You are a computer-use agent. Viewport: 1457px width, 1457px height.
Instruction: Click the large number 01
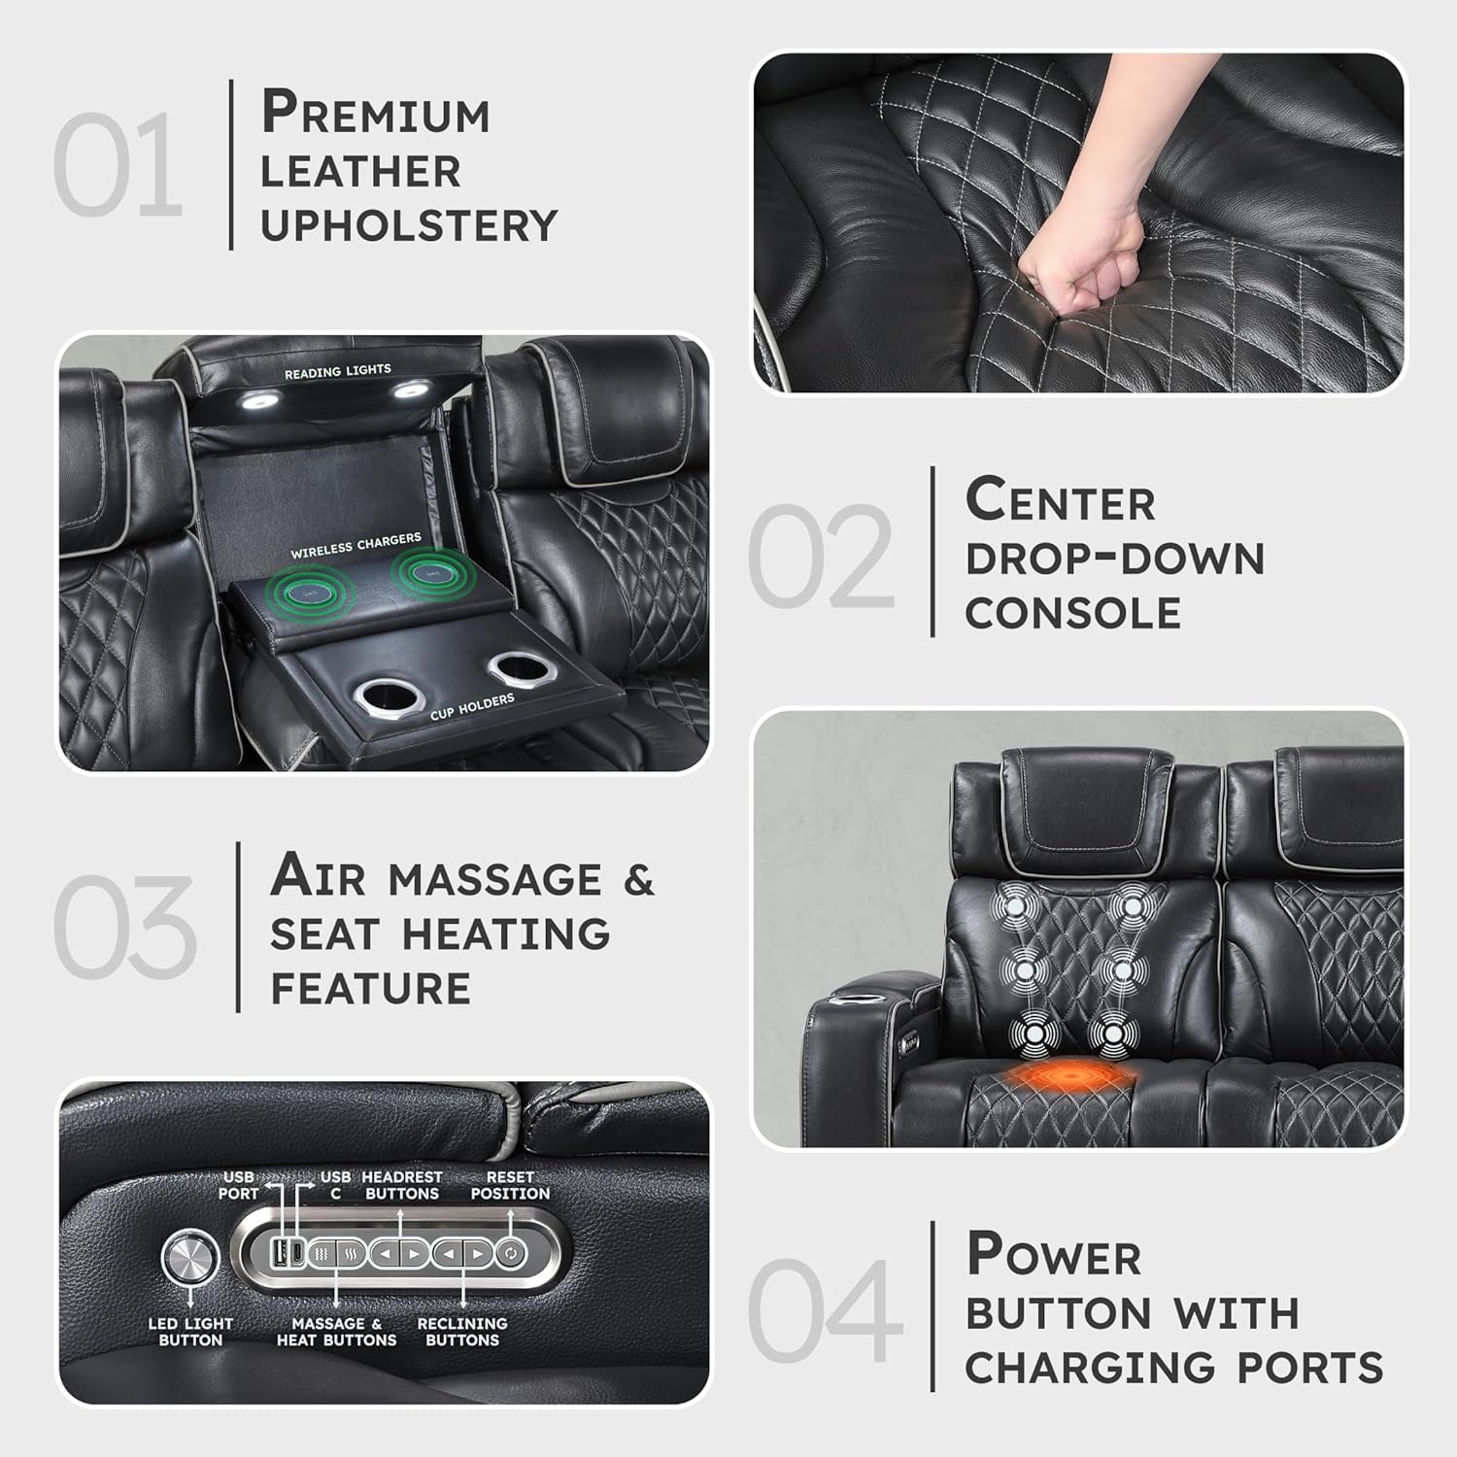(x=118, y=165)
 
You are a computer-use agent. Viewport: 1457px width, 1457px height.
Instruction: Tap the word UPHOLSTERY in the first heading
(x=409, y=225)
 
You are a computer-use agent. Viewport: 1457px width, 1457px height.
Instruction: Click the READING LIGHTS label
(x=337, y=371)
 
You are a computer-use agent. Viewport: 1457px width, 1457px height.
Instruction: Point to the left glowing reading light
(x=259, y=398)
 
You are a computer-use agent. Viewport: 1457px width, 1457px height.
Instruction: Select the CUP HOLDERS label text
(x=472, y=707)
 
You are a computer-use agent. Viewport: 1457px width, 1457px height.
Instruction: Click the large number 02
(x=821, y=557)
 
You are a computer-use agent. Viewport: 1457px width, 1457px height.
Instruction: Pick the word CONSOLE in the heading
(x=1072, y=613)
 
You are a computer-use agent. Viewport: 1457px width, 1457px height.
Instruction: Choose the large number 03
(x=124, y=926)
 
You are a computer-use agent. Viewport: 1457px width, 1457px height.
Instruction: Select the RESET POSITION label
(x=510, y=1185)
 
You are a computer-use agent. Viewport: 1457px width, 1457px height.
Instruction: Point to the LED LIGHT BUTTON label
(x=190, y=1332)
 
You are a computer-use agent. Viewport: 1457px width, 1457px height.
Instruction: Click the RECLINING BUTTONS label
(x=462, y=1332)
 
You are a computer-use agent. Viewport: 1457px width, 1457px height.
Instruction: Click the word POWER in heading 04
(x=1054, y=1255)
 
